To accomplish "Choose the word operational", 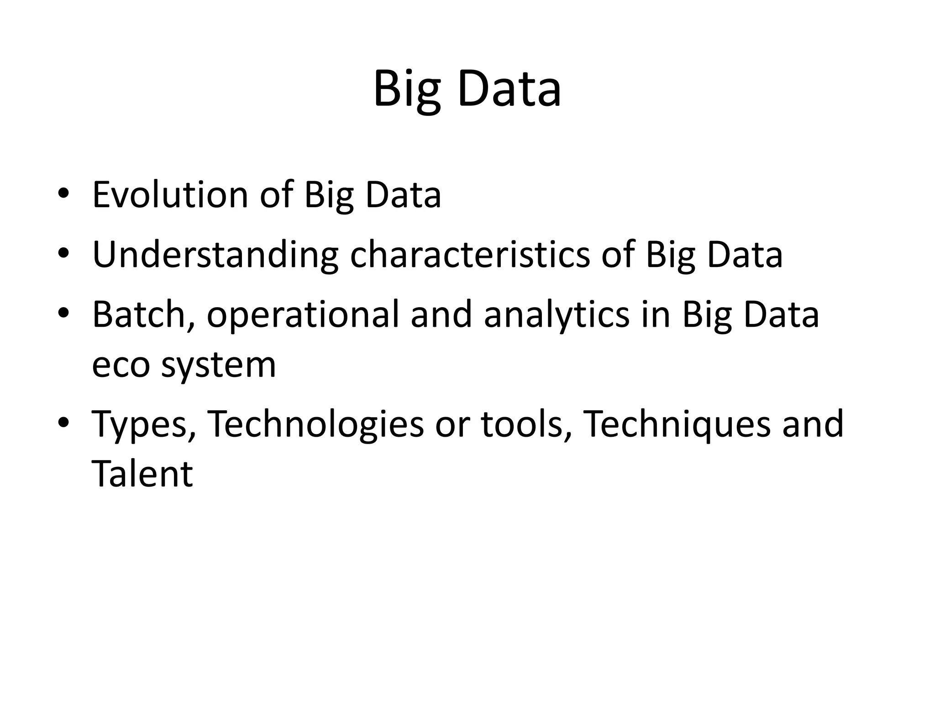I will pos(303,315).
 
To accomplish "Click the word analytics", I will pos(556,315).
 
